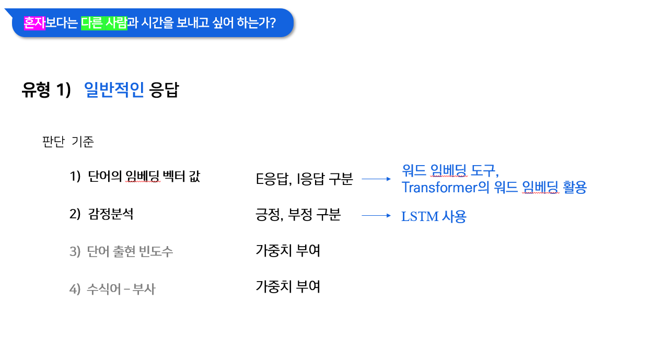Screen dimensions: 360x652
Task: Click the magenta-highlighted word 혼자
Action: [x=35, y=23]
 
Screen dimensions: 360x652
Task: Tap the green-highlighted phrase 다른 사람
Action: [x=104, y=23]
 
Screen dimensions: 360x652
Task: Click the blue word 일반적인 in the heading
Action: [x=114, y=90]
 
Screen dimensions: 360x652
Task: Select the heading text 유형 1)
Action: [x=46, y=90]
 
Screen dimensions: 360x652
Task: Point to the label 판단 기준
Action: [x=68, y=142]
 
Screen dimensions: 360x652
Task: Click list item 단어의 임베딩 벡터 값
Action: [x=135, y=177]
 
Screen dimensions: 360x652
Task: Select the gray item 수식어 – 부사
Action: [x=112, y=289]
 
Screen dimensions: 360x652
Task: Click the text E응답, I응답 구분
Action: [x=305, y=179]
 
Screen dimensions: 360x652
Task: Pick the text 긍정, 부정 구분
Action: [x=298, y=215]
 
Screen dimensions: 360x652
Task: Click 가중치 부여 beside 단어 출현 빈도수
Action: [x=288, y=250]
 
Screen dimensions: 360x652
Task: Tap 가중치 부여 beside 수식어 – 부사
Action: [x=288, y=286]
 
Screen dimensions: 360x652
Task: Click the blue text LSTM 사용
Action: [x=434, y=216]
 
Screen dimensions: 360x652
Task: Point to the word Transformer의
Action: [x=446, y=187]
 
